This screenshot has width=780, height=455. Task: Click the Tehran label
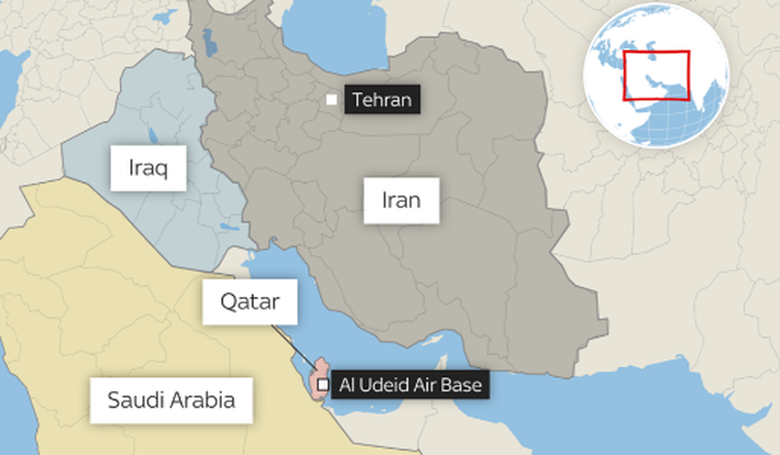pyautogui.click(x=382, y=100)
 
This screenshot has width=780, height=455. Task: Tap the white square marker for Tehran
pyautogui.click(x=331, y=100)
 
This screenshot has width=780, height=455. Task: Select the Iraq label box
pyautogui.click(x=149, y=167)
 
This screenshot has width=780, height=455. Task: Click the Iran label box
pyautogui.click(x=401, y=201)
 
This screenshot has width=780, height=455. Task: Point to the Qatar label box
pyautogui.click(x=250, y=302)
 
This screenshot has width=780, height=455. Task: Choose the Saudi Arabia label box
pyautogui.click(x=172, y=400)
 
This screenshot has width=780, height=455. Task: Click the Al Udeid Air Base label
pyautogui.click(x=411, y=384)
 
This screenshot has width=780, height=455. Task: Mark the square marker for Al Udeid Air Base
pyautogui.click(x=322, y=384)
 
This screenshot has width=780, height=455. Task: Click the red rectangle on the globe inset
pyautogui.click(x=657, y=76)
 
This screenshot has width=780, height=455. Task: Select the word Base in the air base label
pyautogui.click(x=463, y=384)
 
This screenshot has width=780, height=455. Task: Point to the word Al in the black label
pyautogui.click(x=348, y=384)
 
